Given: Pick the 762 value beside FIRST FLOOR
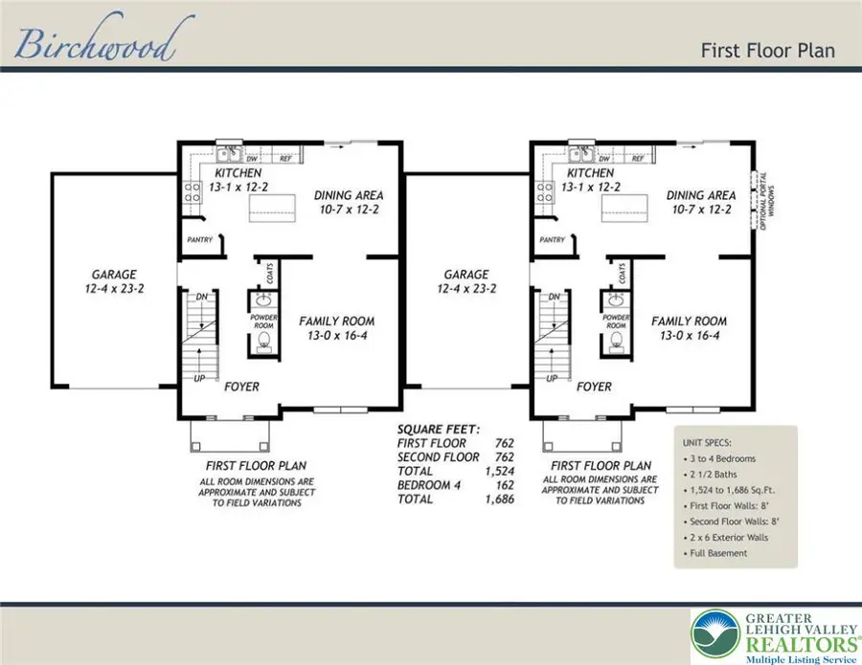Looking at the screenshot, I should tap(504, 444).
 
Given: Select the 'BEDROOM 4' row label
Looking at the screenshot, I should tap(428, 485).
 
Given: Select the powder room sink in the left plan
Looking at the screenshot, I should tap(261, 299).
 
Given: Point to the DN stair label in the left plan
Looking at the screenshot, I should tap(201, 298).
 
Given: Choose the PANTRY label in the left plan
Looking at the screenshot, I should tap(197, 241).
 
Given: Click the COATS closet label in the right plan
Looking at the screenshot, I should tap(623, 274).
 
